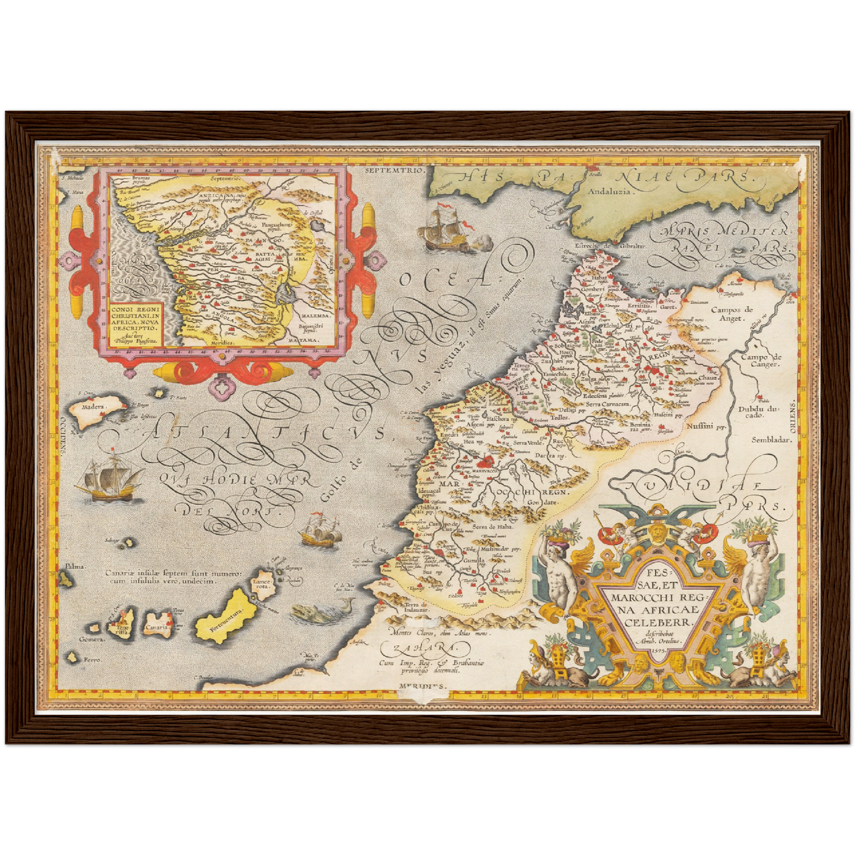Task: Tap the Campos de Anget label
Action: coord(732,313)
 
